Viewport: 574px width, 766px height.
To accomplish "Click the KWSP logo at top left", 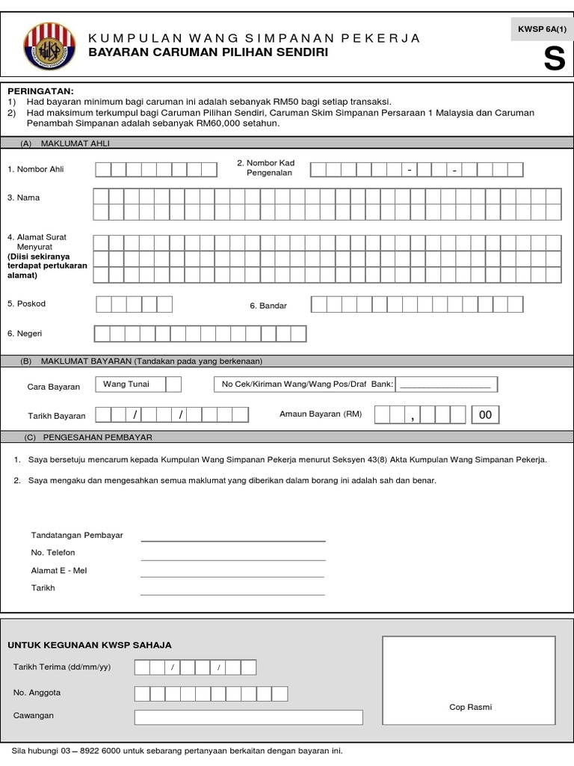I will (x=49, y=46).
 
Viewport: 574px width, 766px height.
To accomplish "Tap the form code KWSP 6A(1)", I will (x=538, y=28).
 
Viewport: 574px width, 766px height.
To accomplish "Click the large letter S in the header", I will (x=554, y=61).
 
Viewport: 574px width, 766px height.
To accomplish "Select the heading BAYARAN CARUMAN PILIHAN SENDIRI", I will (x=208, y=53).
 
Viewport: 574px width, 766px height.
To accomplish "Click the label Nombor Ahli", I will (x=36, y=169).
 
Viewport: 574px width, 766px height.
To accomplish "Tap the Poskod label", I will (x=27, y=304).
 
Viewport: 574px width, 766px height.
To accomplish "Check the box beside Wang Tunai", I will (x=173, y=384).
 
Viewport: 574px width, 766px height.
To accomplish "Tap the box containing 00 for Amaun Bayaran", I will (x=485, y=414).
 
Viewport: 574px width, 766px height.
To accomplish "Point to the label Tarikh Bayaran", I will (x=57, y=416).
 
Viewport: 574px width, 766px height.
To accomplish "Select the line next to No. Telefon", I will (x=233, y=558).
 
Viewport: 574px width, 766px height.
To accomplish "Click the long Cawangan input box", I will (x=248, y=717).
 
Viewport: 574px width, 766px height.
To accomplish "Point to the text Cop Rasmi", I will (x=470, y=707).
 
